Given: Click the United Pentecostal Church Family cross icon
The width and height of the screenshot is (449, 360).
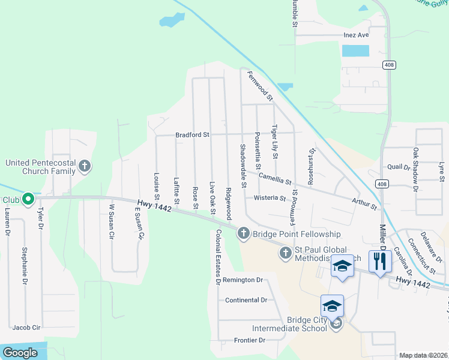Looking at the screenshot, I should click(85, 166).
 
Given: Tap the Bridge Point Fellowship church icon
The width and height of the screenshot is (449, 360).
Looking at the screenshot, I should click(243, 233).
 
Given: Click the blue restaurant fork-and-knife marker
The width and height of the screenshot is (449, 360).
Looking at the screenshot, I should click(380, 262).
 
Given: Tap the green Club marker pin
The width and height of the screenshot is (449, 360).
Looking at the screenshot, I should click(28, 199).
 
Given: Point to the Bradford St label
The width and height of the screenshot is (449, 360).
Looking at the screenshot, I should click(191, 135).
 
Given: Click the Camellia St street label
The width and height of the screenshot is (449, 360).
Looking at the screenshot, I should click(275, 178).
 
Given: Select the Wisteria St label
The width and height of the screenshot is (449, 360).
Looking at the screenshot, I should click(270, 197).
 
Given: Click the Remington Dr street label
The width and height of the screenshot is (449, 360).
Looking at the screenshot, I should click(243, 280).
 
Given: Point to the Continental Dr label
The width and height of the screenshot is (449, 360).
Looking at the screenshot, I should click(246, 300).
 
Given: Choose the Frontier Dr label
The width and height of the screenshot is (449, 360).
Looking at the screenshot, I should click(244, 340).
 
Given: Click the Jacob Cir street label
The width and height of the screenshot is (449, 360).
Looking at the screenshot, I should click(26, 328).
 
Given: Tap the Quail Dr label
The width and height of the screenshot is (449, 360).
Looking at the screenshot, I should click(399, 167).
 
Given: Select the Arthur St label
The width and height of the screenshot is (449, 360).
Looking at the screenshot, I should click(365, 203).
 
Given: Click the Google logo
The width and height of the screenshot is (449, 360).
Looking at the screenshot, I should click(20, 353).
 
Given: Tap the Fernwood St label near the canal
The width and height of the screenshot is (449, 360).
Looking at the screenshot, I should click(261, 85).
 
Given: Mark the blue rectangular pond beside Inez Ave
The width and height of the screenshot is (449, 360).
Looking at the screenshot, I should click(355, 50).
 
